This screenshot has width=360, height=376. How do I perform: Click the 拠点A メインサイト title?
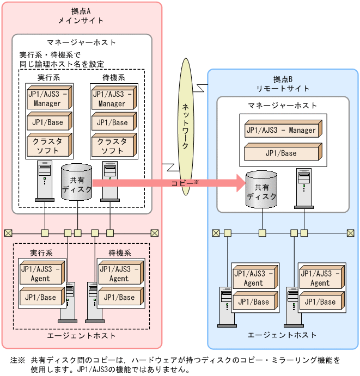[x=81, y=16]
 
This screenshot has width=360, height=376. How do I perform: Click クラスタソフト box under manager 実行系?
[x=47, y=145]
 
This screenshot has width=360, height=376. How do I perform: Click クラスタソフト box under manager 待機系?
[x=112, y=145]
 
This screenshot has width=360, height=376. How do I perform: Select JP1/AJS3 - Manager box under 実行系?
[x=47, y=99]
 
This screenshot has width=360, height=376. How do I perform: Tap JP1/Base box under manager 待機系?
[x=112, y=122]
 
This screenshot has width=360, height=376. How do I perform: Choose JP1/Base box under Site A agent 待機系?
[x=119, y=298]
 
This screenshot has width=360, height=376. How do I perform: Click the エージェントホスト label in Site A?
[x=81, y=336]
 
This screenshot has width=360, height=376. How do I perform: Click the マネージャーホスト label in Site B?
[x=282, y=106]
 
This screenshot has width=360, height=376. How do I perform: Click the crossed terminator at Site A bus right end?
[x=154, y=233]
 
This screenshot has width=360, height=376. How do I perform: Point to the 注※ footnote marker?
[x=17, y=360]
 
